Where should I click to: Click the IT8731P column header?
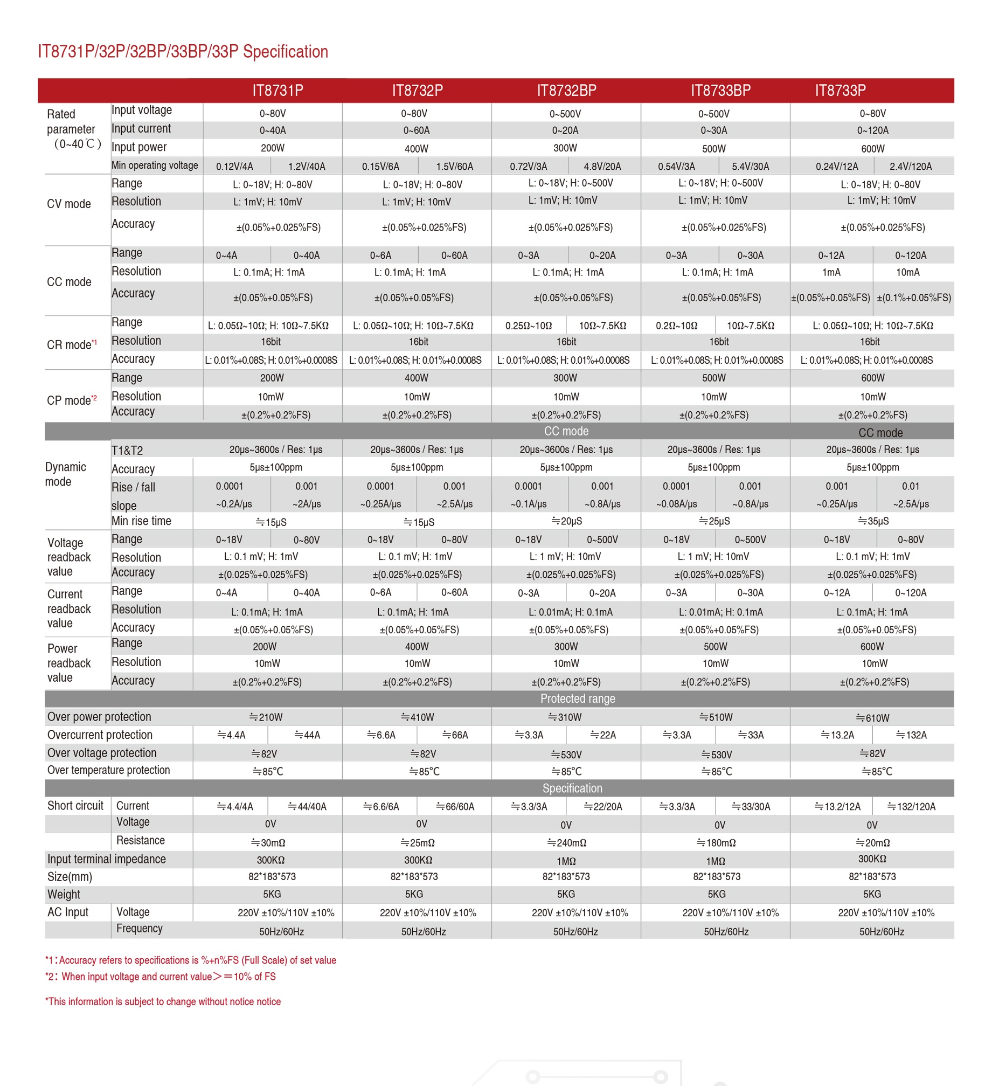tap(277, 90)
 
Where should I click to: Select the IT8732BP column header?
tap(566, 90)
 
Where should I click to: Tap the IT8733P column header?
tap(840, 90)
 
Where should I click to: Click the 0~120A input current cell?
tap(872, 130)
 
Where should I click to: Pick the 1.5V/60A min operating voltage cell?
tap(454, 167)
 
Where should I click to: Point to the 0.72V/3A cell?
tap(528, 167)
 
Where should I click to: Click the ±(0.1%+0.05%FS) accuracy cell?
tap(913, 298)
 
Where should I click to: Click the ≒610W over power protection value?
tap(872, 718)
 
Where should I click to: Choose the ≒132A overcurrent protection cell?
tap(911, 735)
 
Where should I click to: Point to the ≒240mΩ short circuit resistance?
tap(566, 843)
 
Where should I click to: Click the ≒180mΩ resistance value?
tap(716, 843)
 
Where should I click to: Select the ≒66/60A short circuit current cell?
tap(455, 806)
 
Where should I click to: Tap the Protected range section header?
tap(577, 698)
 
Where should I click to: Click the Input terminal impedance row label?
tap(107, 859)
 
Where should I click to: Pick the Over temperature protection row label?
tap(109, 770)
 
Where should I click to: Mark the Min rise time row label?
tap(141, 521)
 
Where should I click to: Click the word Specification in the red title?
tap(286, 52)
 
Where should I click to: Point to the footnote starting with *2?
tap(161, 977)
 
